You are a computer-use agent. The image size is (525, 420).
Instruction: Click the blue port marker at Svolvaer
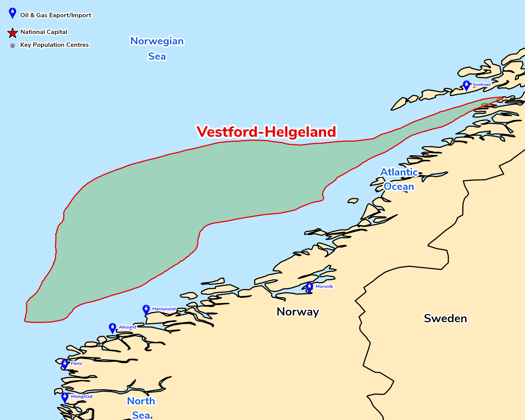tap(466, 85)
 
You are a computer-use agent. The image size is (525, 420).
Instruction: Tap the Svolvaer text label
tap(482, 85)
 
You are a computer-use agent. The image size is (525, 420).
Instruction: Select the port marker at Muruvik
tap(309, 287)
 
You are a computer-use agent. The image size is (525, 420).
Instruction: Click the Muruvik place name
tap(324, 286)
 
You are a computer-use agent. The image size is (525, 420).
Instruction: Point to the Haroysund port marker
tap(146, 309)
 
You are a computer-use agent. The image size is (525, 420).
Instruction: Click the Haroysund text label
tap(164, 309)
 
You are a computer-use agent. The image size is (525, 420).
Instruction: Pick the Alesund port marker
tap(113, 328)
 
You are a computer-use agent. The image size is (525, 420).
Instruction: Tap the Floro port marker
tap(65, 364)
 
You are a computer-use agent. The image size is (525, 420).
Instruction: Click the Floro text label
tap(76, 364)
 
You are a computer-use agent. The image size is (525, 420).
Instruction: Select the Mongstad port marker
tap(65, 397)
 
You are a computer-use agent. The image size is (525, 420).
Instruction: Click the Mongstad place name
tap(82, 397)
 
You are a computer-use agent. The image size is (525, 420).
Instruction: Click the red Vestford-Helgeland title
tap(266, 132)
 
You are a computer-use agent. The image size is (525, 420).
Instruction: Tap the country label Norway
tap(298, 312)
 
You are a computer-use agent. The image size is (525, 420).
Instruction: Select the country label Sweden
tap(445, 319)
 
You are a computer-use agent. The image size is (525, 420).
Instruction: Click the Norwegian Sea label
tap(157, 49)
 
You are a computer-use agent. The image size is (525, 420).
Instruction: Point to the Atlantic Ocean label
tap(399, 179)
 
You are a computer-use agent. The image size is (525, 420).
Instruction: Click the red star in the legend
tap(12, 33)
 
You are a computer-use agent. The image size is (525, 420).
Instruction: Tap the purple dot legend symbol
tap(12, 46)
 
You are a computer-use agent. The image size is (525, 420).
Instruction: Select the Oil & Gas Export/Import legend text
tap(55, 15)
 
